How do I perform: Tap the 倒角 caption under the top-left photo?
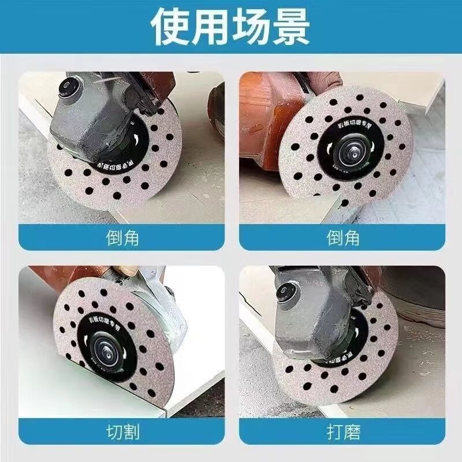coord(122,237)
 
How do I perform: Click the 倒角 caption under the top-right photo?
coord(343,237)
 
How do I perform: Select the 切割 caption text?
coord(122,431)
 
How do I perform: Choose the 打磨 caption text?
coord(343,431)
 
